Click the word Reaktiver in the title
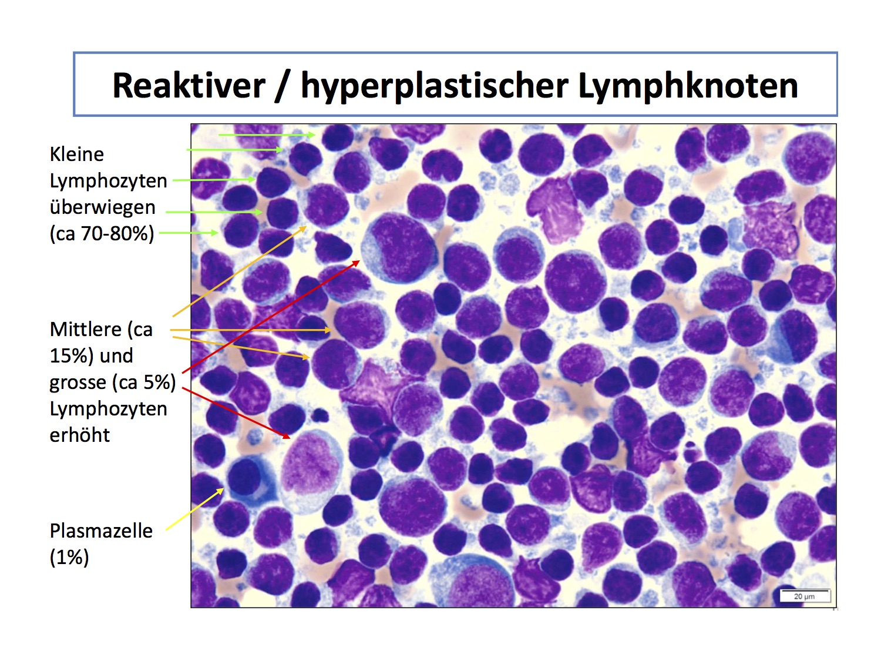pyautogui.click(x=189, y=85)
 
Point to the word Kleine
pyautogui.click(x=77, y=154)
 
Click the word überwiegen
pyautogui.click(x=102, y=207)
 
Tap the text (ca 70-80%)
pyautogui.click(x=102, y=233)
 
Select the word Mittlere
pyautogui.click(x=85, y=330)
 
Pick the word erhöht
pyautogui.click(x=79, y=435)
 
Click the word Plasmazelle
pyautogui.click(x=101, y=531)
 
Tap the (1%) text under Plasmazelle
pyautogui.click(x=69, y=558)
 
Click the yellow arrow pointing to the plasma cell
pyautogui.click(x=194, y=509)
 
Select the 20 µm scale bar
pyautogui.click(x=804, y=596)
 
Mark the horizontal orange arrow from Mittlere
pyautogui.click(x=250, y=330)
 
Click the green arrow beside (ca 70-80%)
pyautogui.click(x=189, y=232)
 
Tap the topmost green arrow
pyautogui.click(x=267, y=135)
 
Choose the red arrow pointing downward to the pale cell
pyautogui.click(x=236, y=412)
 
